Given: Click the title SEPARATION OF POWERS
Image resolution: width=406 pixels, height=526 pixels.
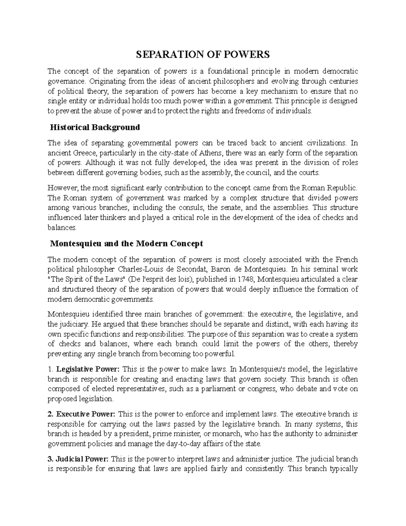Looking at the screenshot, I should (203, 55).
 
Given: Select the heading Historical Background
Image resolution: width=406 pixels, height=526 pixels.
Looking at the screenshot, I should (95, 127).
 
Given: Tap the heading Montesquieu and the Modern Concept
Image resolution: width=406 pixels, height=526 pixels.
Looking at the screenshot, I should (126, 244).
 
